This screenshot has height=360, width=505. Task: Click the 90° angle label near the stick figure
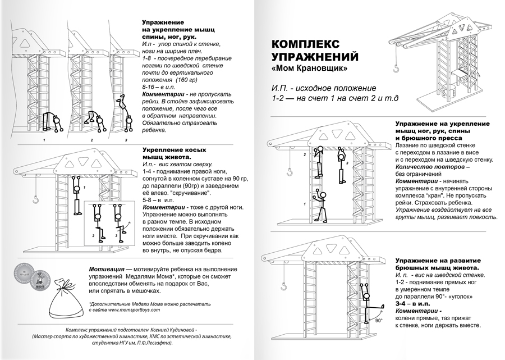tap(379, 321)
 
